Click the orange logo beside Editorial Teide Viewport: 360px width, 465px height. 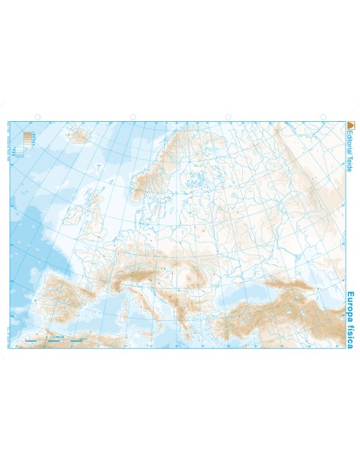point(350,124)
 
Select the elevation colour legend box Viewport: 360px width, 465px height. point(29,141)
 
